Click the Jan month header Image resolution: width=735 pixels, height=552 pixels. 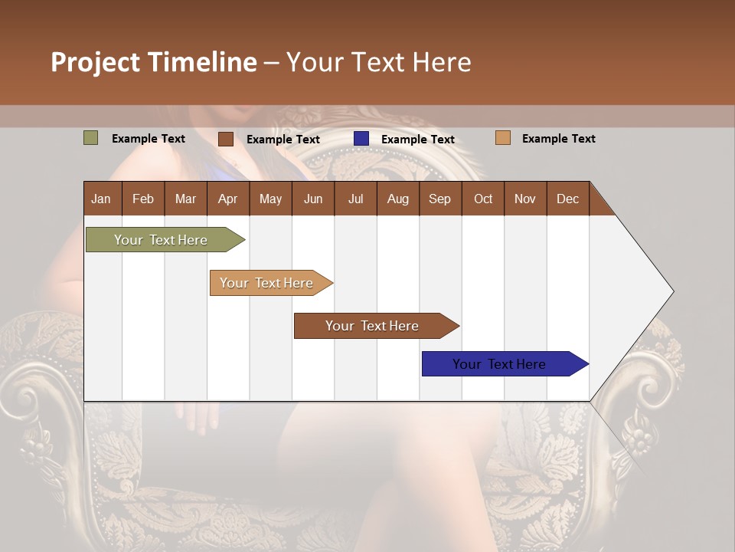pos(101,199)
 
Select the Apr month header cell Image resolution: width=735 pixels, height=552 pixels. pos(227,199)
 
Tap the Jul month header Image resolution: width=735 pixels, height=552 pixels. pos(355,199)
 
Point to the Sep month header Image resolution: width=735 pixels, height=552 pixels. pos(439,199)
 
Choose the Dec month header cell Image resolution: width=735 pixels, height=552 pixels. pos(567,199)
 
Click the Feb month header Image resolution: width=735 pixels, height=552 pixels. pos(143,199)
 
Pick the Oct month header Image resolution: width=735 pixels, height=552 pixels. pos(483,199)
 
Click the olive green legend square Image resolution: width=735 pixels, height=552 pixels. pos(90,138)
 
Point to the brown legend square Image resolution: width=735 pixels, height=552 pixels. pos(225,139)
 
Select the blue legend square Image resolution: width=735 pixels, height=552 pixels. pos(361,139)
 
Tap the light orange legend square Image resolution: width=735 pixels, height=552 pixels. pos(502,138)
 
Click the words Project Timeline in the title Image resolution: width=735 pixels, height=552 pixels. pos(153,62)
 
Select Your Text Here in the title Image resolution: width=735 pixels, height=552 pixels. pos(378,62)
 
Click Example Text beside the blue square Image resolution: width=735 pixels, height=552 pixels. pos(417,140)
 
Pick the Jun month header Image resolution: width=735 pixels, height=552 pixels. pos(313,199)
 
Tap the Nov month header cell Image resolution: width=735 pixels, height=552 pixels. pos(524,199)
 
